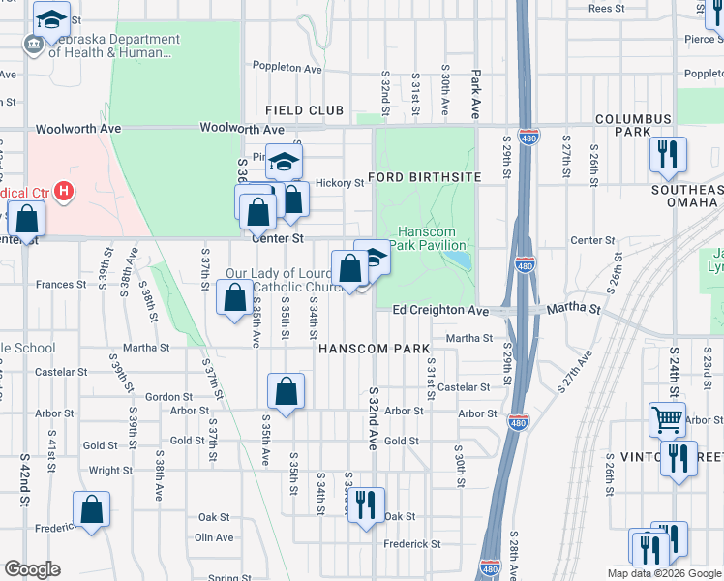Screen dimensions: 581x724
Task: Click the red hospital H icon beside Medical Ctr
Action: click(x=64, y=192)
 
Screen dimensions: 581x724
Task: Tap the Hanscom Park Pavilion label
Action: click(x=435, y=237)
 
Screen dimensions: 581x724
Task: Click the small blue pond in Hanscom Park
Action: click(x=461, y=260)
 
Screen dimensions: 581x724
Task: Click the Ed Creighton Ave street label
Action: click(x=440, y=310)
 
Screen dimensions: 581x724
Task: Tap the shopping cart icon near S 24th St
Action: click(x=667, y=420)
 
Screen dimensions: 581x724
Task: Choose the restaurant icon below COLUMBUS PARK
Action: click(x=667, y=154)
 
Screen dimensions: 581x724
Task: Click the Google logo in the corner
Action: click(x=32, y=569)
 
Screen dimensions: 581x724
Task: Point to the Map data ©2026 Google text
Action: click(x=663, y=573)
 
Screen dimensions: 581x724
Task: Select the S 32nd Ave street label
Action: click(x=373, y=418)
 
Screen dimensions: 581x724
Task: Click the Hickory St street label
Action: click(x=339, y=182)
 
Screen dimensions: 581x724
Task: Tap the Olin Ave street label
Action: click(x=215, y=537)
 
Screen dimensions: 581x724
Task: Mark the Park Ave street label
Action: click(x=475, y=92)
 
